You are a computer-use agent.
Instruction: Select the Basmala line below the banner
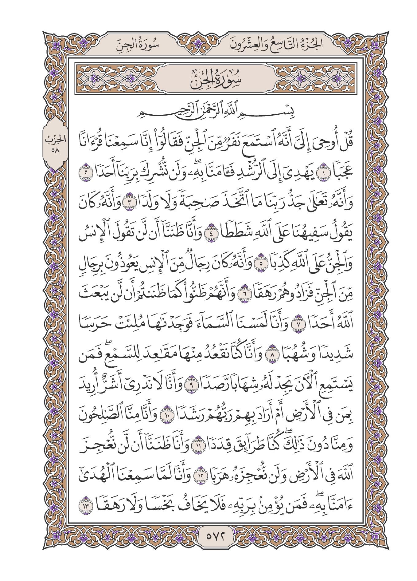[210, 117]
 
